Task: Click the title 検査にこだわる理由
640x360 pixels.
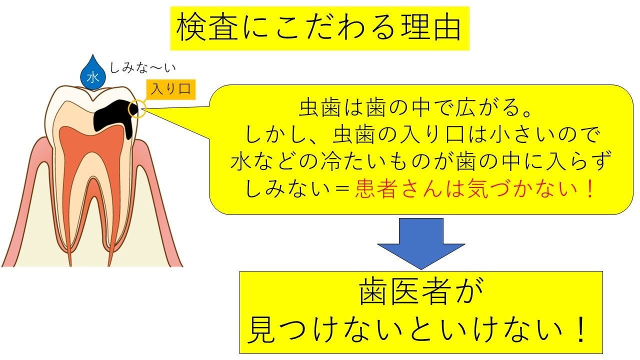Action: pyautogui.click(x=319, y=28)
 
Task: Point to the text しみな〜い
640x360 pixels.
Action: pyautogui.click(x=143, y=67)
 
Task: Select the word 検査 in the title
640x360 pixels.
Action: pyautogui.click(x=197, y=28)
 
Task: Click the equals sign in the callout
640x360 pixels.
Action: pyautogui.click(x=341, y=190)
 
